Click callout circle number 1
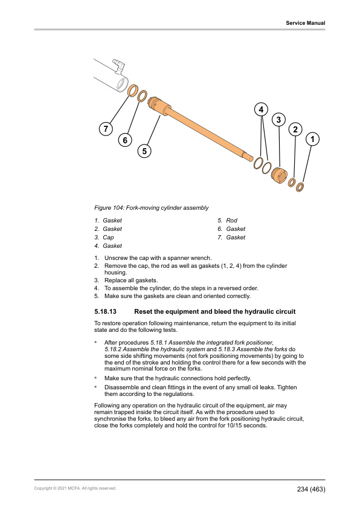(312, 139)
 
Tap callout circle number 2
(295, 129)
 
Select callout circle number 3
(278, 120)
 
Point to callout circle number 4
(261, 109)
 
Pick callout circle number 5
(144, 151)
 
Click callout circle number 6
(125, 140)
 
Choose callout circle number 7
(106, 129)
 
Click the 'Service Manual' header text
(305, 23)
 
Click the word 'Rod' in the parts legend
(231, 221)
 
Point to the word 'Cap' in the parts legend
(108, 238)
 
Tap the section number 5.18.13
(106, 312)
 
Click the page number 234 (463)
(311, 489)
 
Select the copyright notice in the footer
(76, 488)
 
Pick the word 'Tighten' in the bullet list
(287, 387)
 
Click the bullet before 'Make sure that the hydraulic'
(95, 378)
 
